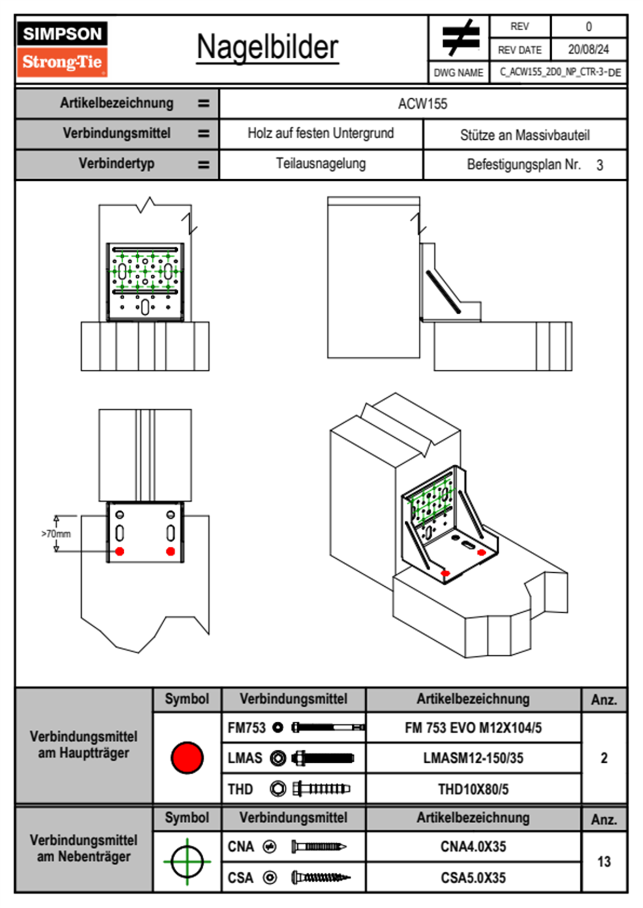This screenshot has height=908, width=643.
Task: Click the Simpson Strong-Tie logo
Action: coord(62,49)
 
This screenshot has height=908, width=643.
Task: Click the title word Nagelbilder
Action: coord(267,47)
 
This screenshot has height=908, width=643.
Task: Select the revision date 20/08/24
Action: coord(588,50)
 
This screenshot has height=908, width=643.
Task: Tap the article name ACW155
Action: coord(423,104)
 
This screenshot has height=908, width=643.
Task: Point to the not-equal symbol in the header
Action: coord(460,38)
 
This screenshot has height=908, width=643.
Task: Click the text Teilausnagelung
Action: coord(320,164)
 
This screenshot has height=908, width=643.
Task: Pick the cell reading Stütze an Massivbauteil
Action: coord(524,135)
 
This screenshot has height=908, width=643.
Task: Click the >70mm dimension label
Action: coord(56,534)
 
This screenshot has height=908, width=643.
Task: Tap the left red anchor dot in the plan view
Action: coord(120,551)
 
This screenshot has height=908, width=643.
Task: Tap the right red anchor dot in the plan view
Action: coord(171,551)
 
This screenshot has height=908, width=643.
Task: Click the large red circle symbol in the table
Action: coord(187,757)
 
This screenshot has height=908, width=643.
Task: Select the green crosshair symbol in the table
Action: coord(187,862)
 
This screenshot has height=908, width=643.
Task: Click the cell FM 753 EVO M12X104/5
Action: coord(473,728)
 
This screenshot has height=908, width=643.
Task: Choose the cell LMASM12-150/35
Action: coord(473,758)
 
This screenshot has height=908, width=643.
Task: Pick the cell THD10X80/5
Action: coord(473,789)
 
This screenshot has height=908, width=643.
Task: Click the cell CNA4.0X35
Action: coord(473,846)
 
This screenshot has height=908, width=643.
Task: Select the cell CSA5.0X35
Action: coord(473,878)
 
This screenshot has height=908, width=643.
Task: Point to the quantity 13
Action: coord(604,862)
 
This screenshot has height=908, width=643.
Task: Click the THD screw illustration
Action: coord(321,789)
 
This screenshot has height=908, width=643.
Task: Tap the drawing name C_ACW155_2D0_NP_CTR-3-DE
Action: coord(560,72)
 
